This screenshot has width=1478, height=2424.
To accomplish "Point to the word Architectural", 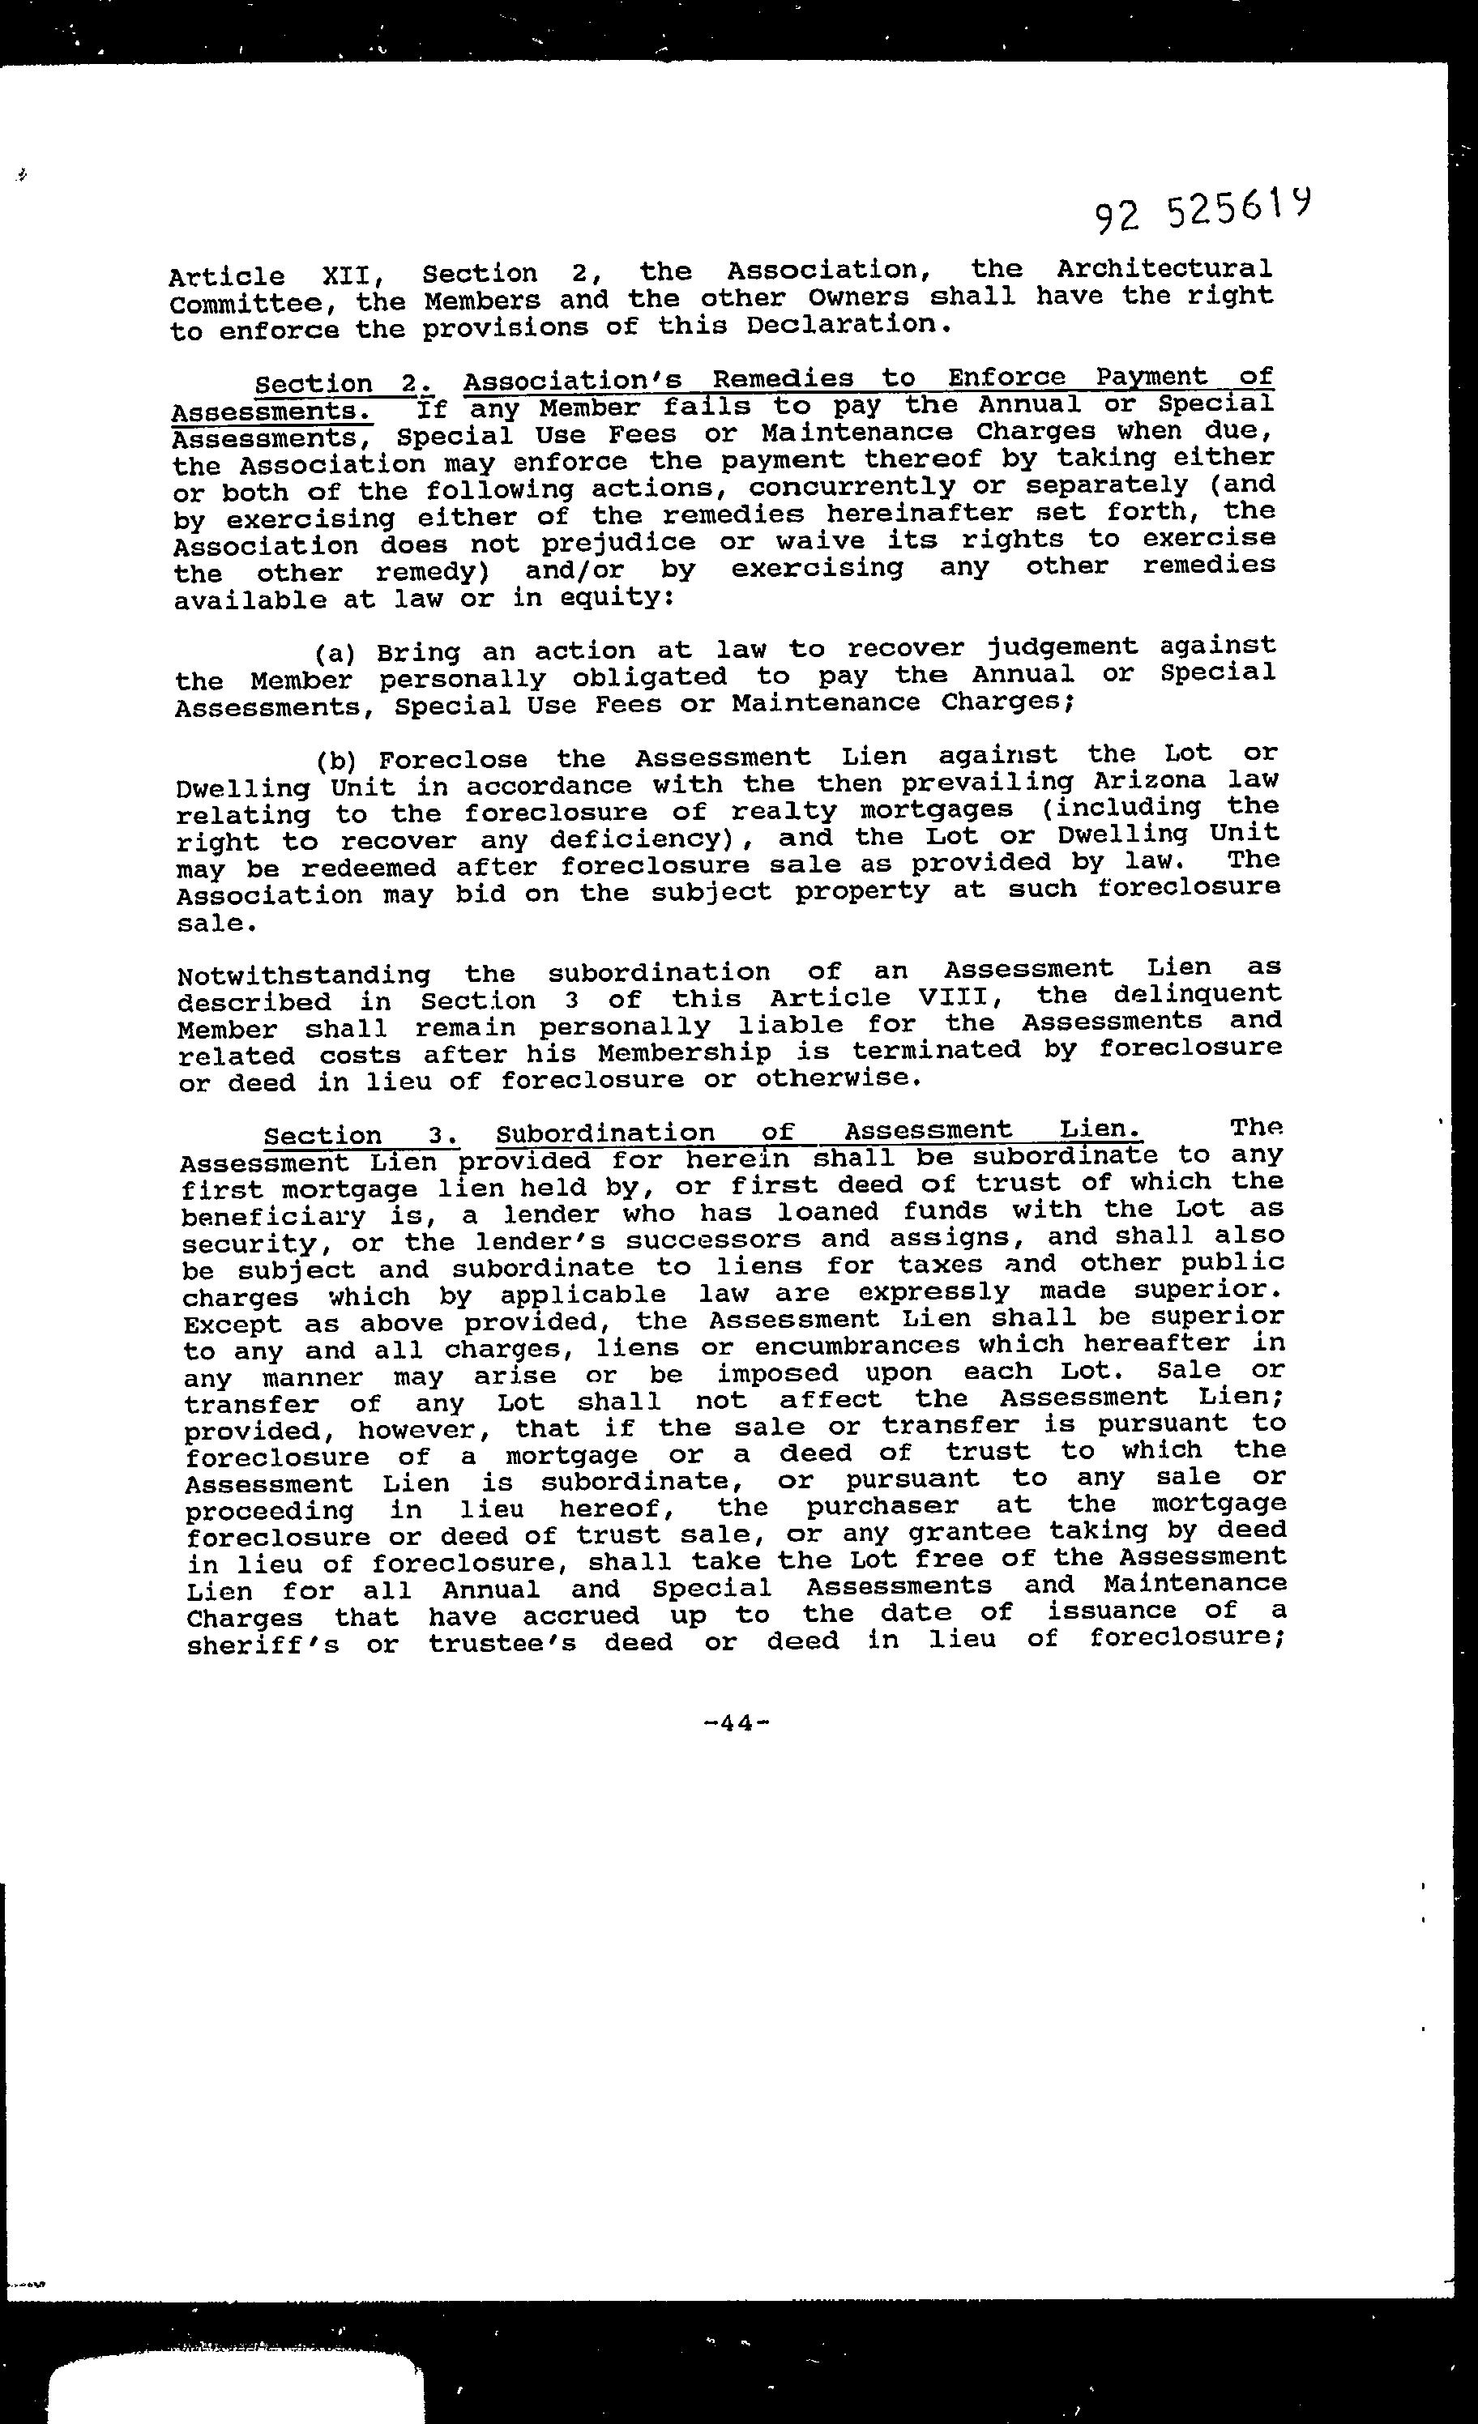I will point(1164,267).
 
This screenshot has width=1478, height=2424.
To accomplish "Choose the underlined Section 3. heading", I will point(360,1136).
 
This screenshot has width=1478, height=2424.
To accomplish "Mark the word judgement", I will point(1062,647).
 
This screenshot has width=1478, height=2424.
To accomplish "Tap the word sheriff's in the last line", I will point(263,1645).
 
